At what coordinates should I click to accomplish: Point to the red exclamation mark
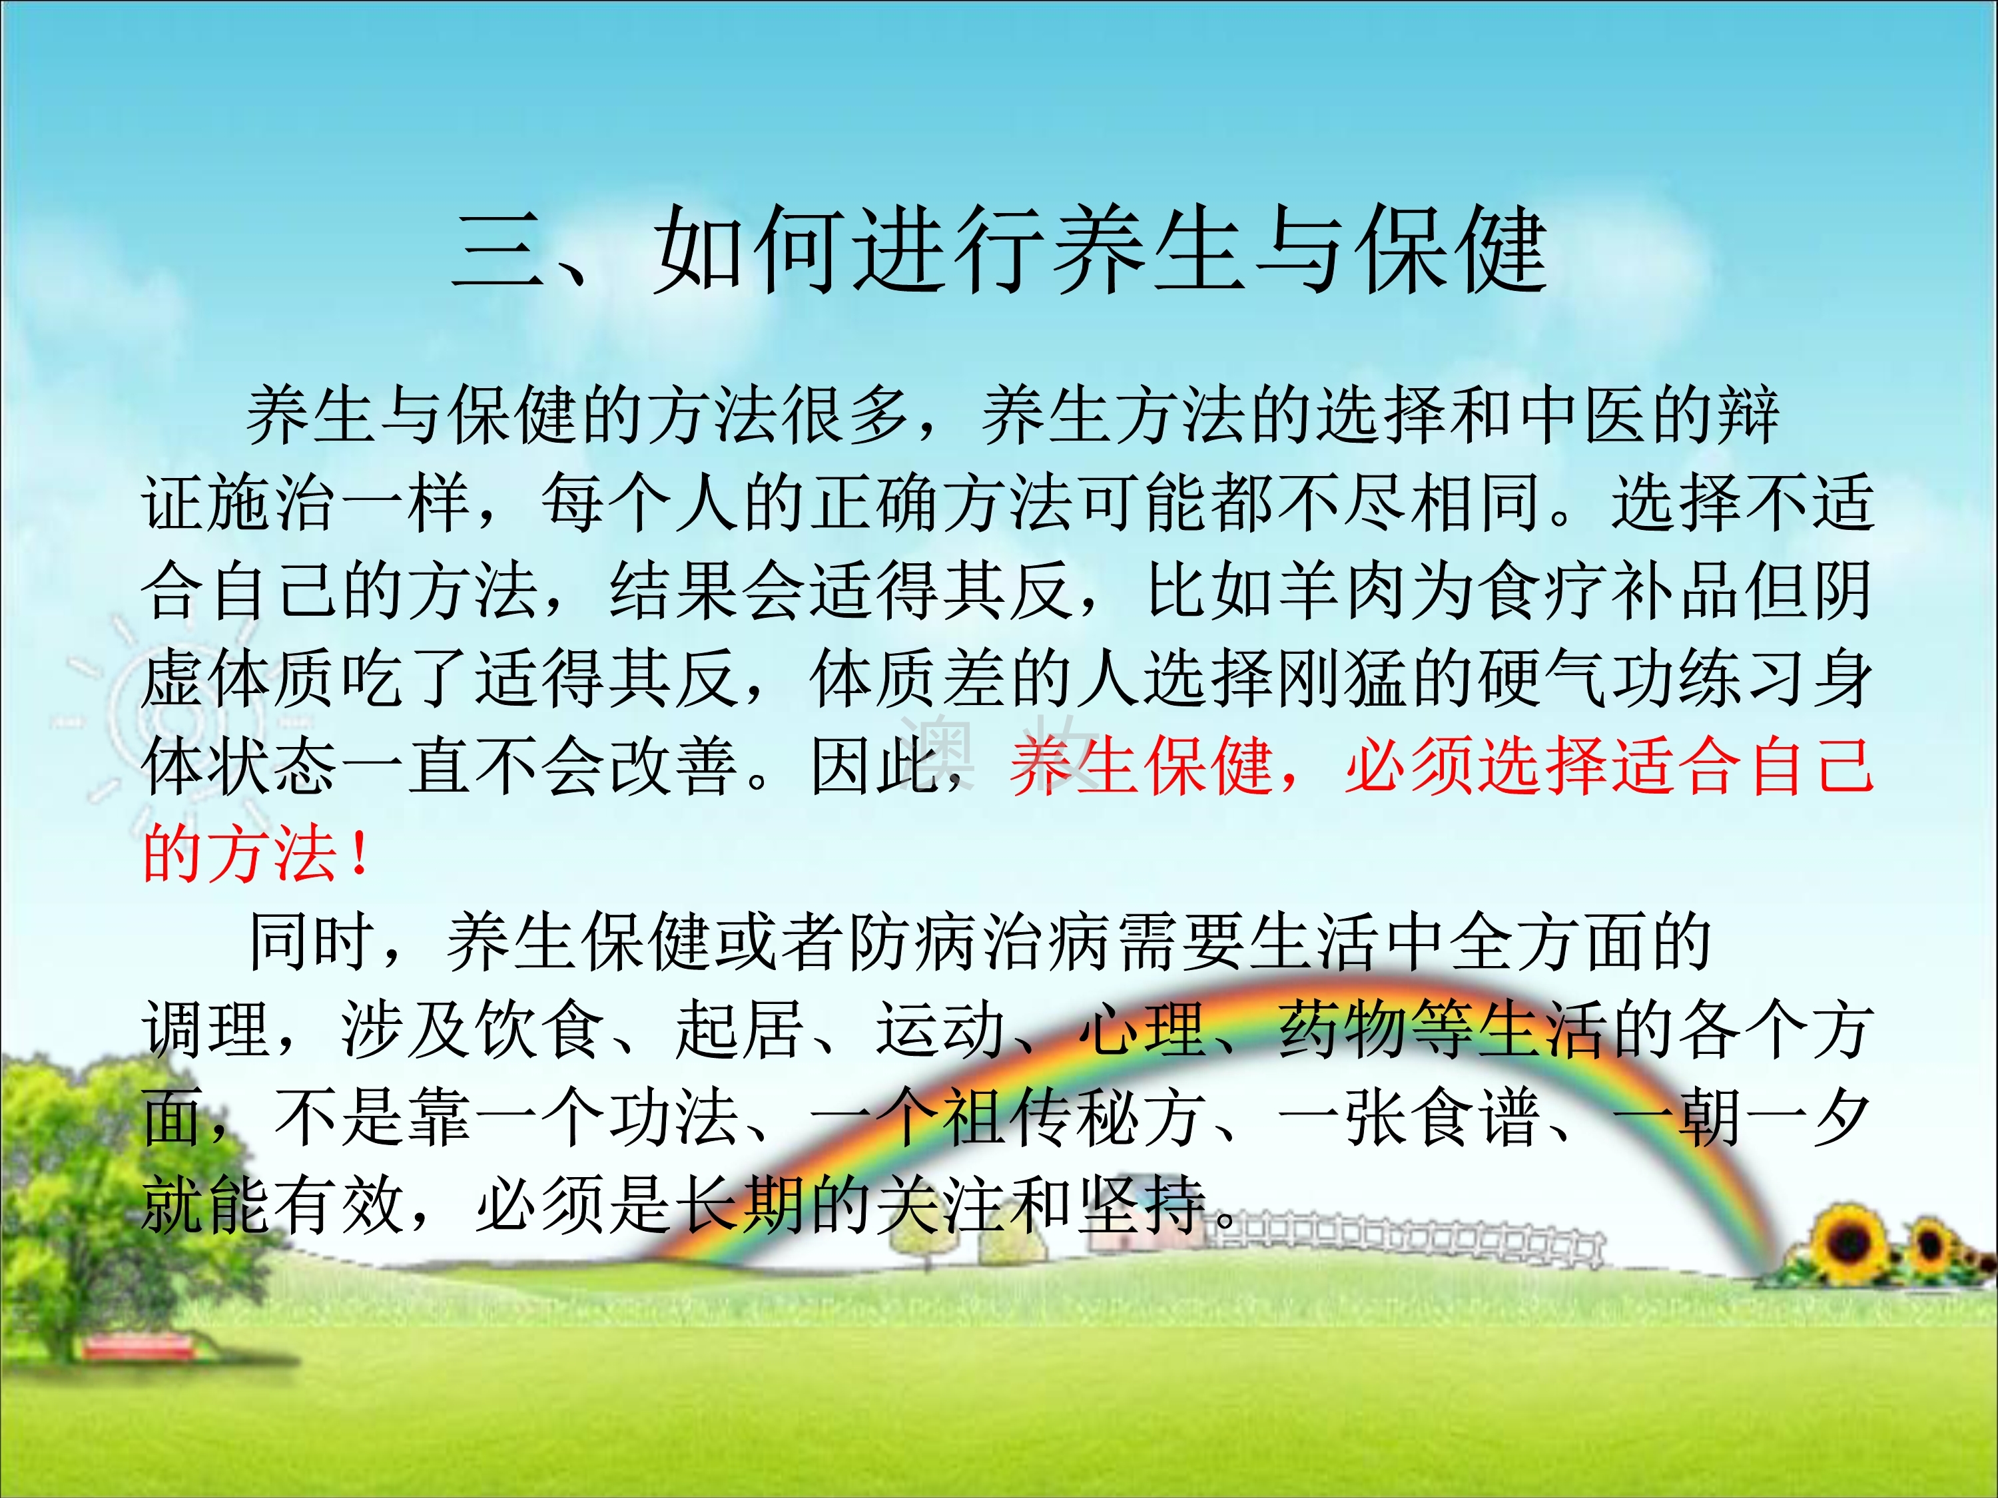[360, 854]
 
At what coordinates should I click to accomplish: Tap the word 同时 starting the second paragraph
[312, 941]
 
